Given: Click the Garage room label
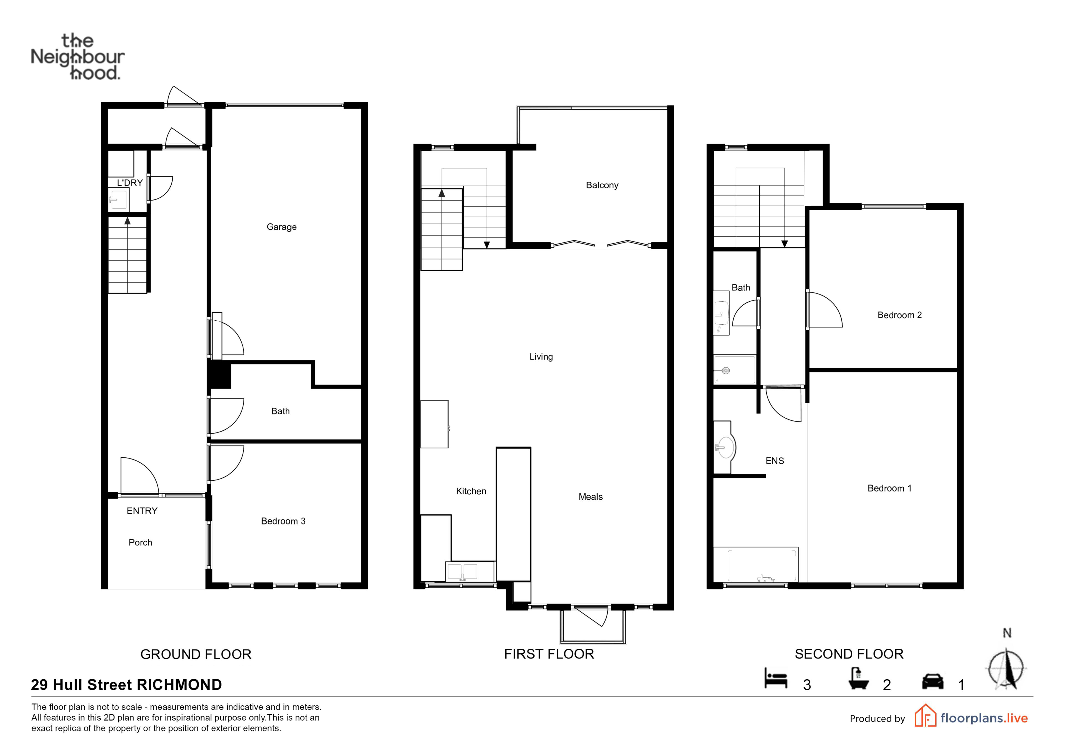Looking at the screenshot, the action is point(282,227).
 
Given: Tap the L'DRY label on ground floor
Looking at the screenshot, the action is point(130,183).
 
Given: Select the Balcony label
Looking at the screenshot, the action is point(602,185).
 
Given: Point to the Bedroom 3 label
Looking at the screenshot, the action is point(283,521).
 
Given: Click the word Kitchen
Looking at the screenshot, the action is point(471,491).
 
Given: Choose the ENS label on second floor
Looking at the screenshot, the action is point(775,461).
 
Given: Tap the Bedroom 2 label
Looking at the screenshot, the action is point(899,315).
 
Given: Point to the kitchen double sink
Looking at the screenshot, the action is point(470,571).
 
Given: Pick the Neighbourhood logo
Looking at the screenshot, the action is point(77,57).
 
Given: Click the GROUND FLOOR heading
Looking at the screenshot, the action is point(196,654).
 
